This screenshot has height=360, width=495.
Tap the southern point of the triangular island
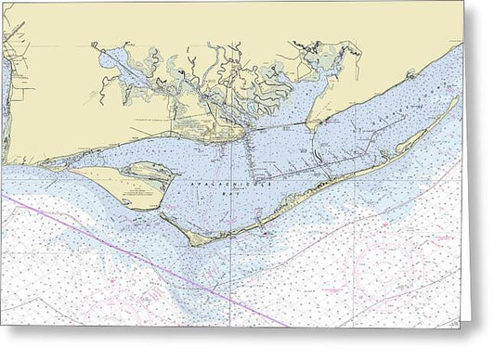139,206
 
